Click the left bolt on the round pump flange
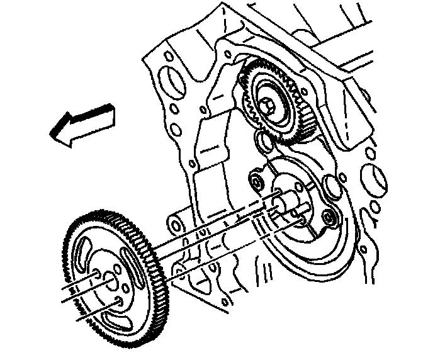pyautogui.click(x=256, y=183)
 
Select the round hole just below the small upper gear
pyautogui.click(x=264, y=141)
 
